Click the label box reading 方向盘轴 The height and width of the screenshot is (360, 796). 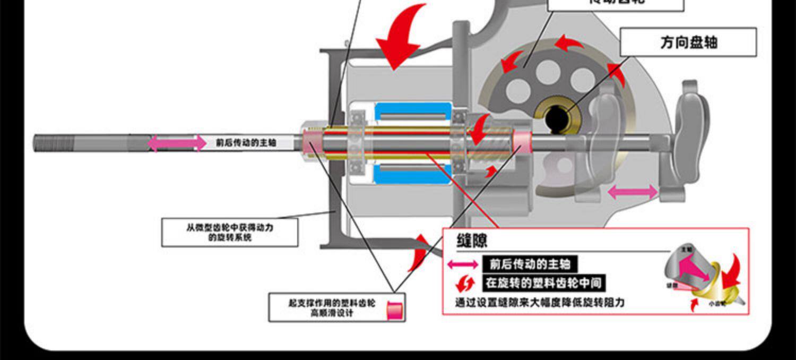pos(688,42)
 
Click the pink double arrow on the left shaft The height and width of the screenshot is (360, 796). pos(176,142)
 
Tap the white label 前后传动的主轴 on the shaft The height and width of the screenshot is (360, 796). pos(246,142)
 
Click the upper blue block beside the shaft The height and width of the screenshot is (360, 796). pos(413,112)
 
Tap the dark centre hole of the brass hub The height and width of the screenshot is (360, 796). pos(557,119)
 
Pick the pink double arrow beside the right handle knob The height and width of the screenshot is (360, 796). pos(632,192)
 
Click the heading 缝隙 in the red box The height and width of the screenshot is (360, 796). pos(472,240)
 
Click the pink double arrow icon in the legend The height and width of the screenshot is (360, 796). pos(463,264)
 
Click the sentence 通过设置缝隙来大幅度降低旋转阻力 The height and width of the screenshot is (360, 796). pos(540,303)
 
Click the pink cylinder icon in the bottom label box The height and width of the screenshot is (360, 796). pos(394,310)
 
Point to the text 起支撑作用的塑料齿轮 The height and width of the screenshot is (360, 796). pos(332,303)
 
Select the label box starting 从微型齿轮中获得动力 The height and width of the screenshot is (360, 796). pos(230,232)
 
